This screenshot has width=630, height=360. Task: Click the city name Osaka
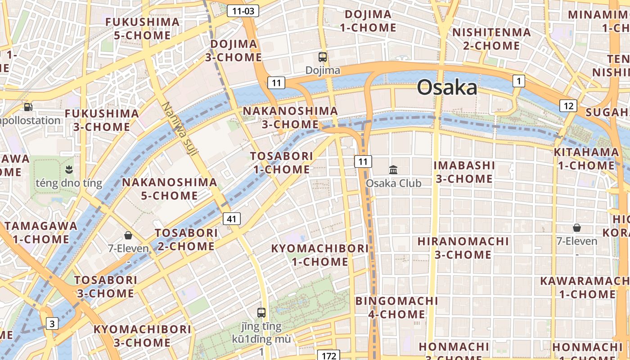point(447,87)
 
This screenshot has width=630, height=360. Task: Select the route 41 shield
point(232,219)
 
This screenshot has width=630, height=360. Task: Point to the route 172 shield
point(329,355)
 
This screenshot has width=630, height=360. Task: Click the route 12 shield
point(568,106)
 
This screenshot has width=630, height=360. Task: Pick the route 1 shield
point(519,81)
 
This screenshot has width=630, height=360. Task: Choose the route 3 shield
point(53,323)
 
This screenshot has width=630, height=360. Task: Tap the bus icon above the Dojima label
point(323,57)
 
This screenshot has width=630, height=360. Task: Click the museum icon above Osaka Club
point(393,170)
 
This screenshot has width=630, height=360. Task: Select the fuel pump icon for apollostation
point(28,107)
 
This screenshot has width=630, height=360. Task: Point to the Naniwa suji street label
point(180,130)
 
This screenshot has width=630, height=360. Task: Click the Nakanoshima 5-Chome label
point(170,189)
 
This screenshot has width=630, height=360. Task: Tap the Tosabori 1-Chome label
point(282,162)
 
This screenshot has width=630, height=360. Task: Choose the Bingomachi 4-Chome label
point(396,307)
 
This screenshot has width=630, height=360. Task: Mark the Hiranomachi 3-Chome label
point(463,248)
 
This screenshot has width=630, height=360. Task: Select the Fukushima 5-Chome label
point(142,28)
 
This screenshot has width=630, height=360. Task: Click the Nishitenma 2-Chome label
point(491,39)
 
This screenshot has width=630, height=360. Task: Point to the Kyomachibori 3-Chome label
point(142,336)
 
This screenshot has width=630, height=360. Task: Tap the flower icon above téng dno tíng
point(69,170)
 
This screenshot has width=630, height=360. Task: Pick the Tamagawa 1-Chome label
point(41,232)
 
